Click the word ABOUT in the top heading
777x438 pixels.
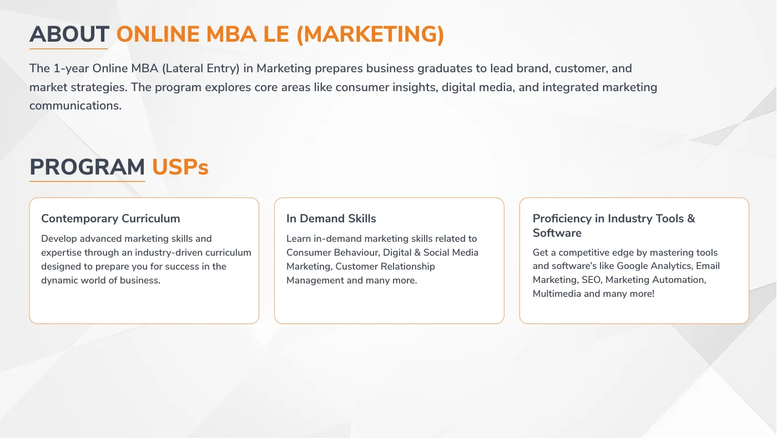tap(69, 34)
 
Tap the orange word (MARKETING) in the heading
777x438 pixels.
tap(370, 34)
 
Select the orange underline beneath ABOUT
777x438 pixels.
tap(69, 48)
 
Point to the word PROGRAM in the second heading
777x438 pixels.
tap(87, 167)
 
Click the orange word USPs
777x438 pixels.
tap(180, 167)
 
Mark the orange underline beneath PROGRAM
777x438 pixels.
tap(87, 181)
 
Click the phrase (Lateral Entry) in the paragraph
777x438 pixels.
tap(200, 69)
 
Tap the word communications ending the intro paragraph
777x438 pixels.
tap(75, 106)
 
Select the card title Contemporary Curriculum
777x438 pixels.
tap(110, 218)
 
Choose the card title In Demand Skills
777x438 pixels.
tap(331, 218)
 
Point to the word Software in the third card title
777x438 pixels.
tap(557, 233)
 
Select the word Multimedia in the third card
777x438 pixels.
tap(557, 293)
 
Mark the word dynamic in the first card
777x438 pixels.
tap(60, 280)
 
